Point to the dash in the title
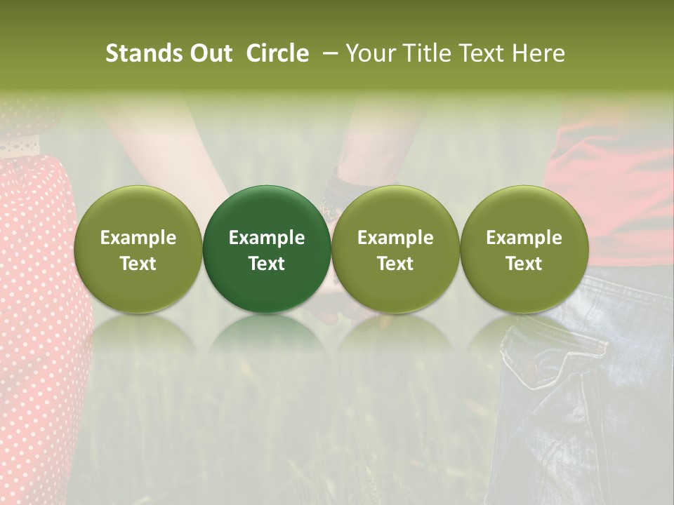328,53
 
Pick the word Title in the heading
424,53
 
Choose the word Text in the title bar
480,53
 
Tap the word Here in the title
538,53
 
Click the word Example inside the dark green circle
267,238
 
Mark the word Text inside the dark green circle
267,264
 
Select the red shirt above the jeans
618,182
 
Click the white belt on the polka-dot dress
21,147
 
